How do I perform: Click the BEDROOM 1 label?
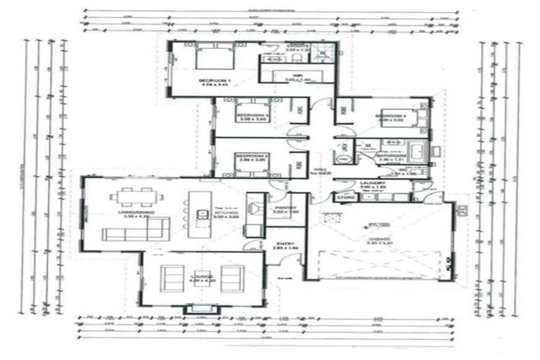pyautogui.click(x=214, y=82)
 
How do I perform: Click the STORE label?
pyautogui.click(x=345, y=198)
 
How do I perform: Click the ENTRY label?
pyautogui.click(x=285, y=243)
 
